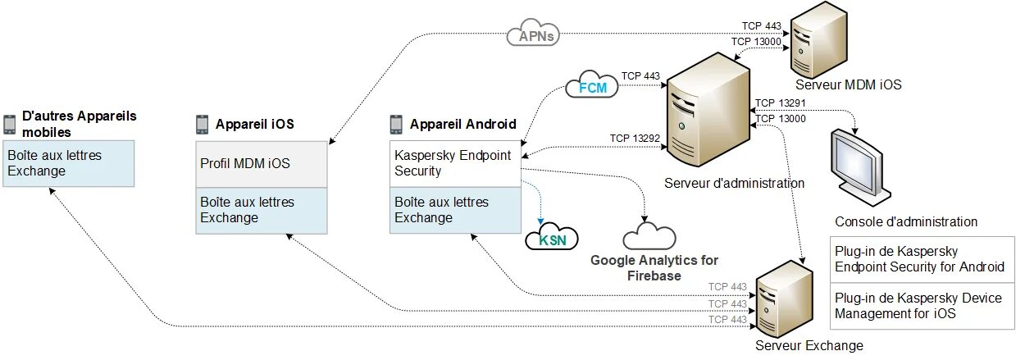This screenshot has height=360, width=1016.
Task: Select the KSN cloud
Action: (551, 239)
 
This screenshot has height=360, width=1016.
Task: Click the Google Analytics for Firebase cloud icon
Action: (649, 236)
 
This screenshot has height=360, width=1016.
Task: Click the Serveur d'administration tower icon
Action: (708, 112)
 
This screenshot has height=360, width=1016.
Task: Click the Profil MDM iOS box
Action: (262, 163)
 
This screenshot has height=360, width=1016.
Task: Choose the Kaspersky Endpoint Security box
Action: (454, 163)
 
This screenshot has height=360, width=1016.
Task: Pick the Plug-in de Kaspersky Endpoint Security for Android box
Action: (921, 259)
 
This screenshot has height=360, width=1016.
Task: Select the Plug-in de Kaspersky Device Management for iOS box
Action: (921, 306)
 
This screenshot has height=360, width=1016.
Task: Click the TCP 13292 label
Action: (635, 138)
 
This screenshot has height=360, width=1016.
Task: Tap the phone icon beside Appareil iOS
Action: (203, 125)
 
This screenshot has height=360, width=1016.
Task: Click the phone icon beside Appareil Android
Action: (396, 125)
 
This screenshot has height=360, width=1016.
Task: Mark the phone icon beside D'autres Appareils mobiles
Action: (10, 125)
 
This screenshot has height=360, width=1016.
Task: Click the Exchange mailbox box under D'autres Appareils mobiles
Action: (68, 163)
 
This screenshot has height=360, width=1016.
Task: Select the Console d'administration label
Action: (906, 221)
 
